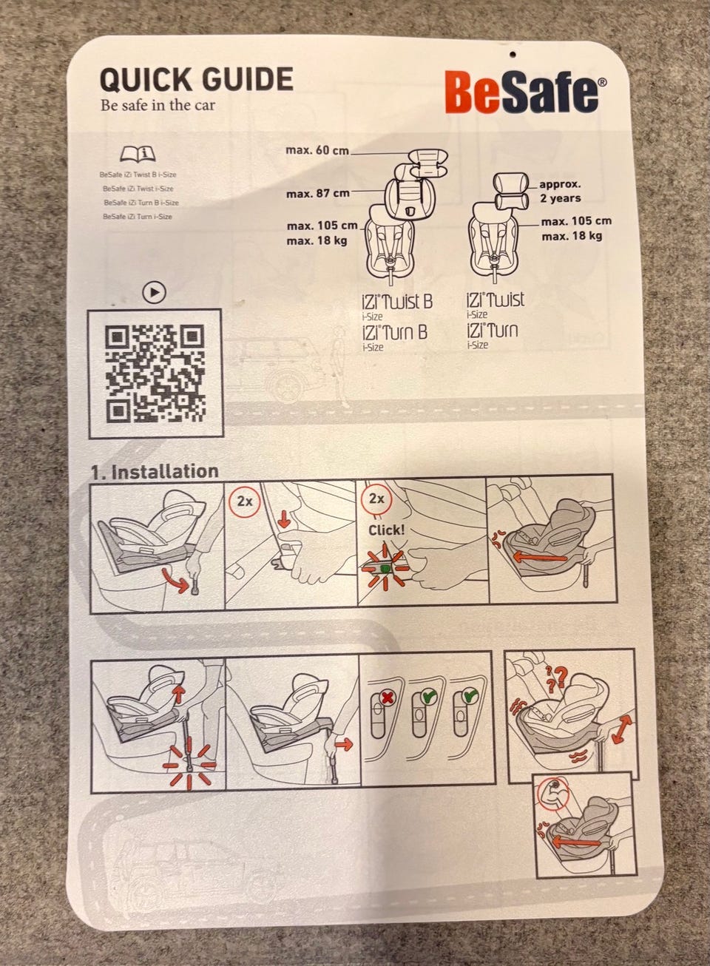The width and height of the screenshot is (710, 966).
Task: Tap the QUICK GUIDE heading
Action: (197, 79)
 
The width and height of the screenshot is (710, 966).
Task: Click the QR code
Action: (155, 374)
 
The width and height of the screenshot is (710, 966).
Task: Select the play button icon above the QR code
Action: (154, 293)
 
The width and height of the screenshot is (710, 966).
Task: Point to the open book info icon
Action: (138, 155)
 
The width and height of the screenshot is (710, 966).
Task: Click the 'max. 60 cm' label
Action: (317, 150)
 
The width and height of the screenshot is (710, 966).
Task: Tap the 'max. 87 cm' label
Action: (318, 194)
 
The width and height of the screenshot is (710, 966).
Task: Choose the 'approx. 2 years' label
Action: (561, 191)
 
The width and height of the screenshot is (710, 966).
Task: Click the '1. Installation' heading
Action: (155, 472)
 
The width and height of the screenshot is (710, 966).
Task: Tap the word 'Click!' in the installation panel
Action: (386, 530)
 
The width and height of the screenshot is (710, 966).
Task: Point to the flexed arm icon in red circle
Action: (553, 794)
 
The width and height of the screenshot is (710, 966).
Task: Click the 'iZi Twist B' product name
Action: (397, 302)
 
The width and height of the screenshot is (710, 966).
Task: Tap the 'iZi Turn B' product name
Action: (394, 333)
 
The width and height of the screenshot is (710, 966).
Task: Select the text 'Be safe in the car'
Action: (158, 105)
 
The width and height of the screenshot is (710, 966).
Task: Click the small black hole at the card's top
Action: (512, 54)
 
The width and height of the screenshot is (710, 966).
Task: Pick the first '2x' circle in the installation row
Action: (244, 501)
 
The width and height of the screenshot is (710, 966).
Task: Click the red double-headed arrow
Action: (622, 729)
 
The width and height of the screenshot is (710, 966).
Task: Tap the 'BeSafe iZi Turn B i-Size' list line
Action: (141, 203)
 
